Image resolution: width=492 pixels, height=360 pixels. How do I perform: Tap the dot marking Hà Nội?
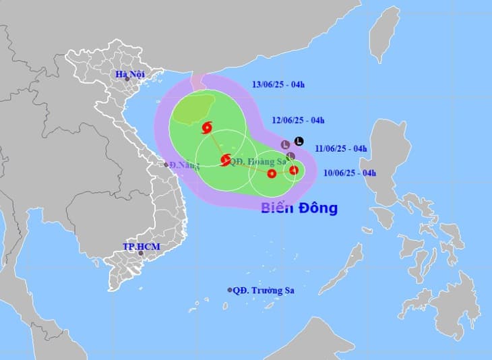[127, 80]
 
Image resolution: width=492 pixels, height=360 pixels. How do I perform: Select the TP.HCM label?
[141, 247]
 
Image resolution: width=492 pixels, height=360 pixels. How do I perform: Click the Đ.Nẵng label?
[183, 164]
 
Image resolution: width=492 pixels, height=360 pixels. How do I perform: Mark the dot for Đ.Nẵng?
[166, 164]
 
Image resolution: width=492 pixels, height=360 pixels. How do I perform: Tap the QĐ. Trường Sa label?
[264, 291]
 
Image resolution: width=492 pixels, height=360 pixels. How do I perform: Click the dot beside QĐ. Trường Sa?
[230, 291]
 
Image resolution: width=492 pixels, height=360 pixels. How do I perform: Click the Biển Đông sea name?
[299, 207]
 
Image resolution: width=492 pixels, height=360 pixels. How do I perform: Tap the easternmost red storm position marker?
[294, 170]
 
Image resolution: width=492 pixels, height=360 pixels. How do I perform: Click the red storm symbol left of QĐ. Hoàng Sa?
[225, 160]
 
